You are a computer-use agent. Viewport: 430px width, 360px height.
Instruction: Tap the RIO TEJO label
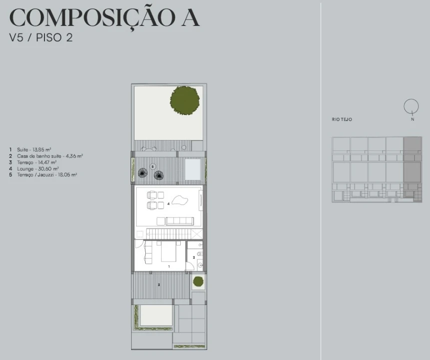coord(342,119)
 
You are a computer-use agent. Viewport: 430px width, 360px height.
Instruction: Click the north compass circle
coord(411,106)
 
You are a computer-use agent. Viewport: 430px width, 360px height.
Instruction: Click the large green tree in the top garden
coord(184,100)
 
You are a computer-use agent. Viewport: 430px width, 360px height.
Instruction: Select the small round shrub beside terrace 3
coord(198,281)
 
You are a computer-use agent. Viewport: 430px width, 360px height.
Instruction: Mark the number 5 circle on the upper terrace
coord(152,166)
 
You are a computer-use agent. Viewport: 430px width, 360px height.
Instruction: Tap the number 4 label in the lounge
coord(169,204)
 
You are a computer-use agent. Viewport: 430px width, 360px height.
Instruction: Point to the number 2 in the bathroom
coord(194,257)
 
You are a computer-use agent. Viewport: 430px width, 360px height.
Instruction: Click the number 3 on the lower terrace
coord(159,284)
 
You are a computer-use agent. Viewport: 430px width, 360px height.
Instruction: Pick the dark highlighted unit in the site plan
coord(413,160)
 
